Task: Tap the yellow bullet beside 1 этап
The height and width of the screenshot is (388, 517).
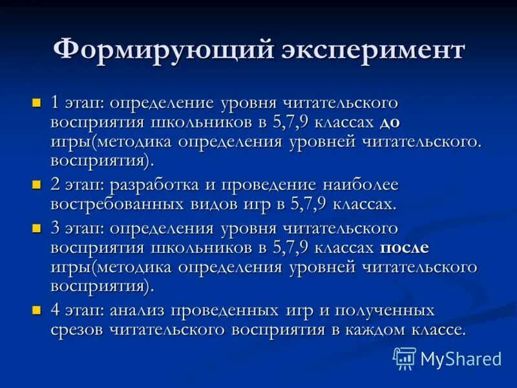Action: (37, 103)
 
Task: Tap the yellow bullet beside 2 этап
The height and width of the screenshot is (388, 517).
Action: (37, 184)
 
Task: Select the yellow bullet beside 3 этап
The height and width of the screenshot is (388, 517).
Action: (37, 228)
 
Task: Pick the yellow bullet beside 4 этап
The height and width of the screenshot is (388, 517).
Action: (37, 309)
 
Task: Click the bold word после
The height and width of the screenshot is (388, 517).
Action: (405, 247)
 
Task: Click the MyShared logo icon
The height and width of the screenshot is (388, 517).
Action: (405, 358)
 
